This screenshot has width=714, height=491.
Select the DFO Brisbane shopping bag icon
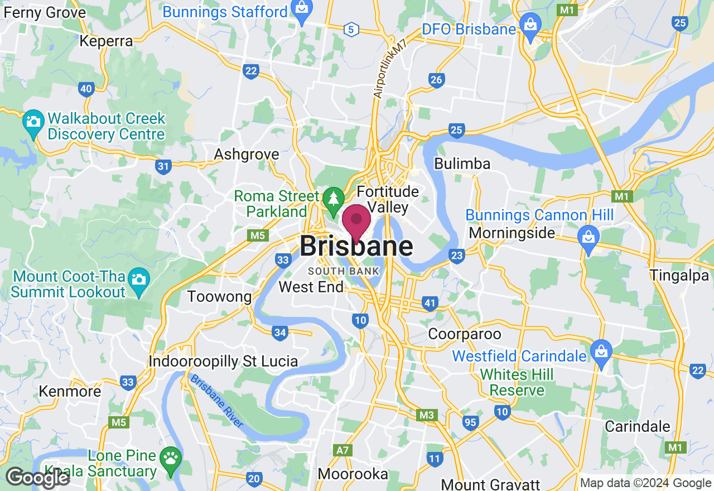click(x=528, y=27)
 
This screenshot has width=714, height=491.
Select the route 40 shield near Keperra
click(x=86, y=89)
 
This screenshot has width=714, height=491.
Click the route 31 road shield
click(x=163, y=166)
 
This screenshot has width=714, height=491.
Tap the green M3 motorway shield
click(x=426, y=415)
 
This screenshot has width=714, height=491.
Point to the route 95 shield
click(x=470, y=422)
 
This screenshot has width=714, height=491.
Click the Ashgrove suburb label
click(x=247, y=154)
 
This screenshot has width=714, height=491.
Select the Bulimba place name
click(x=462, y=164)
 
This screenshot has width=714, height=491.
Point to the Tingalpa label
click(x=679, y=275)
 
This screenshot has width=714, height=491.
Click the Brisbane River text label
click(x=217, y=401)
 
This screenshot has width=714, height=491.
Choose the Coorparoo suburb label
click(x=465, y=334)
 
